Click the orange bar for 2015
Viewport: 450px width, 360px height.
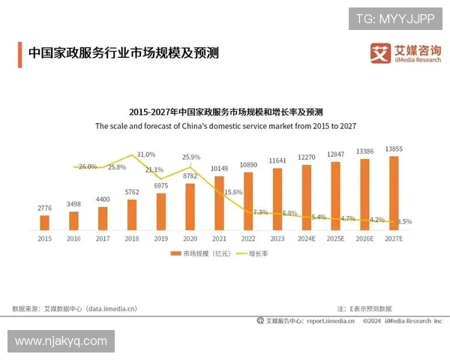(x=44, y=222)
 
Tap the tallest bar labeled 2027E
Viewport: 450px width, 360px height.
(x=394, y=193)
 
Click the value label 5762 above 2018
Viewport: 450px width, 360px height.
(x=132, y=192)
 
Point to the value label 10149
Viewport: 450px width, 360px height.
(x=219, y=168)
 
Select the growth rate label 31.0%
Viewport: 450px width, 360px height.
(x=145, y=154)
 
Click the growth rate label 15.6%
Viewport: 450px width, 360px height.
(x=233, y=193)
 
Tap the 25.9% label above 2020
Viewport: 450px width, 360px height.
(x=190, y=157)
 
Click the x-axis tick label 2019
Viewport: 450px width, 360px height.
(x=160, y=238)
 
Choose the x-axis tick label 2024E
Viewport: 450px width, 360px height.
(x=307, y=238)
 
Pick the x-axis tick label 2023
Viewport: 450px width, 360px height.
(x=277, y=238)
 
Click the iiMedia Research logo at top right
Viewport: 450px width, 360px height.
(x=406, y=53)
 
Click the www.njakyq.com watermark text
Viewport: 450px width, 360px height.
(x=61, y=341)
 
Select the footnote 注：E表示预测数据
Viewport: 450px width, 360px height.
(x=364, y=308)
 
